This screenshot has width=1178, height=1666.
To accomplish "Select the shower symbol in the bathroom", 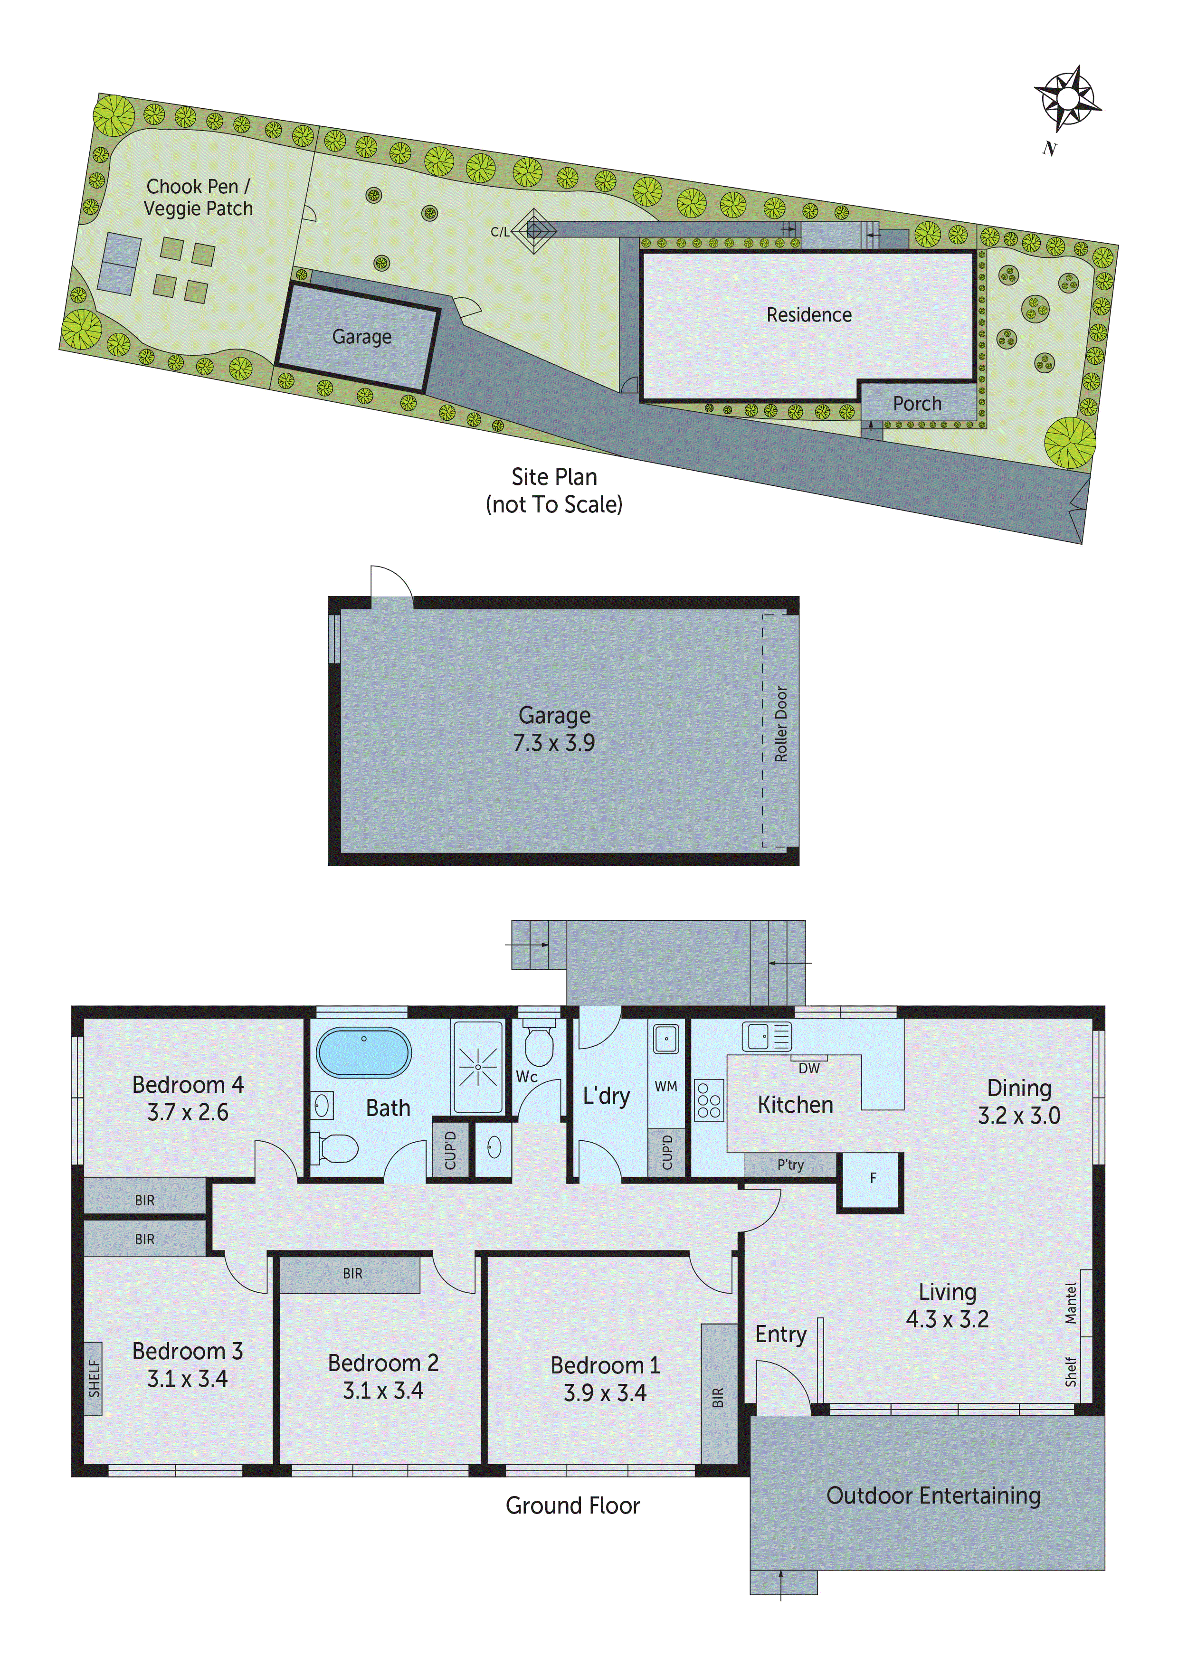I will click(477, 1068).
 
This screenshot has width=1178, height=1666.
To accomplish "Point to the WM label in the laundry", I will click(665, 1086).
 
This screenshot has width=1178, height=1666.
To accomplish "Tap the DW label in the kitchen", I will click(808, 1068).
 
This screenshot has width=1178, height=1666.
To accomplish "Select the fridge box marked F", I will click(873, 1178).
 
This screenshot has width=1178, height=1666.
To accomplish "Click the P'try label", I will click(790, 1164).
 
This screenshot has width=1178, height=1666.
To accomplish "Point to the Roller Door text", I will click(781, 724).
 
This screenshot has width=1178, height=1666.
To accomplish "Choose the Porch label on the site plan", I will click(917, 403).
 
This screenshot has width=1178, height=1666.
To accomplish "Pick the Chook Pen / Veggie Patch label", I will click(198, 198).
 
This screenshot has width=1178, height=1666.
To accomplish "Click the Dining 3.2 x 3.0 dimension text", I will click(1018, 1115).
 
